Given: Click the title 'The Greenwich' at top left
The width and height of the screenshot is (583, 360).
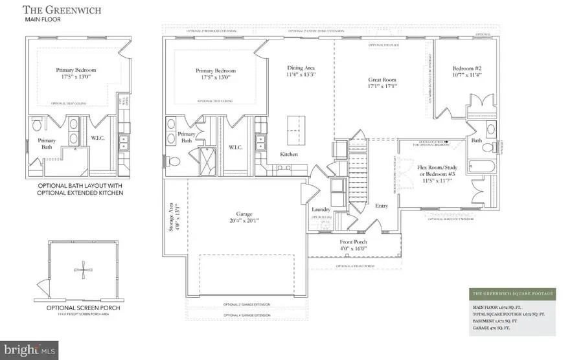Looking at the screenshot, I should click(55, 10).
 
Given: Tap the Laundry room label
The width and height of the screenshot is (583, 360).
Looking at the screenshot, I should click(321, 210).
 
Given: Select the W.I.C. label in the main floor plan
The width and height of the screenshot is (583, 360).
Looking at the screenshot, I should click(235, 147).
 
